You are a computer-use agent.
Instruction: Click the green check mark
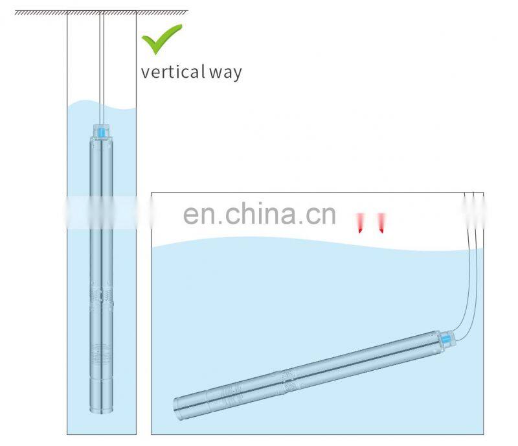pyautogui.click(x=162, y=38)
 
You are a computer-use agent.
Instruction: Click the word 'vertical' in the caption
pyautogui.click(x=171, y=71)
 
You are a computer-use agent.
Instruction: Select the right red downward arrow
pyautogui.click(x=381, y=222)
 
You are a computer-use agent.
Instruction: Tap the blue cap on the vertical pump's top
pyautogui.click(x=102, y=132)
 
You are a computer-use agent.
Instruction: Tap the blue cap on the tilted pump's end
pyautogui.click(x=446, y=339)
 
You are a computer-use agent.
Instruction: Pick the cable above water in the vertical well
pyautogui.click(x=102, y=58)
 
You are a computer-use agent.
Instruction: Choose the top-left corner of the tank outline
pyautogui.click(x=152, y=193)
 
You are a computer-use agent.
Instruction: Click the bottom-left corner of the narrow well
pyautogui.click(x=67, y=433)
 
